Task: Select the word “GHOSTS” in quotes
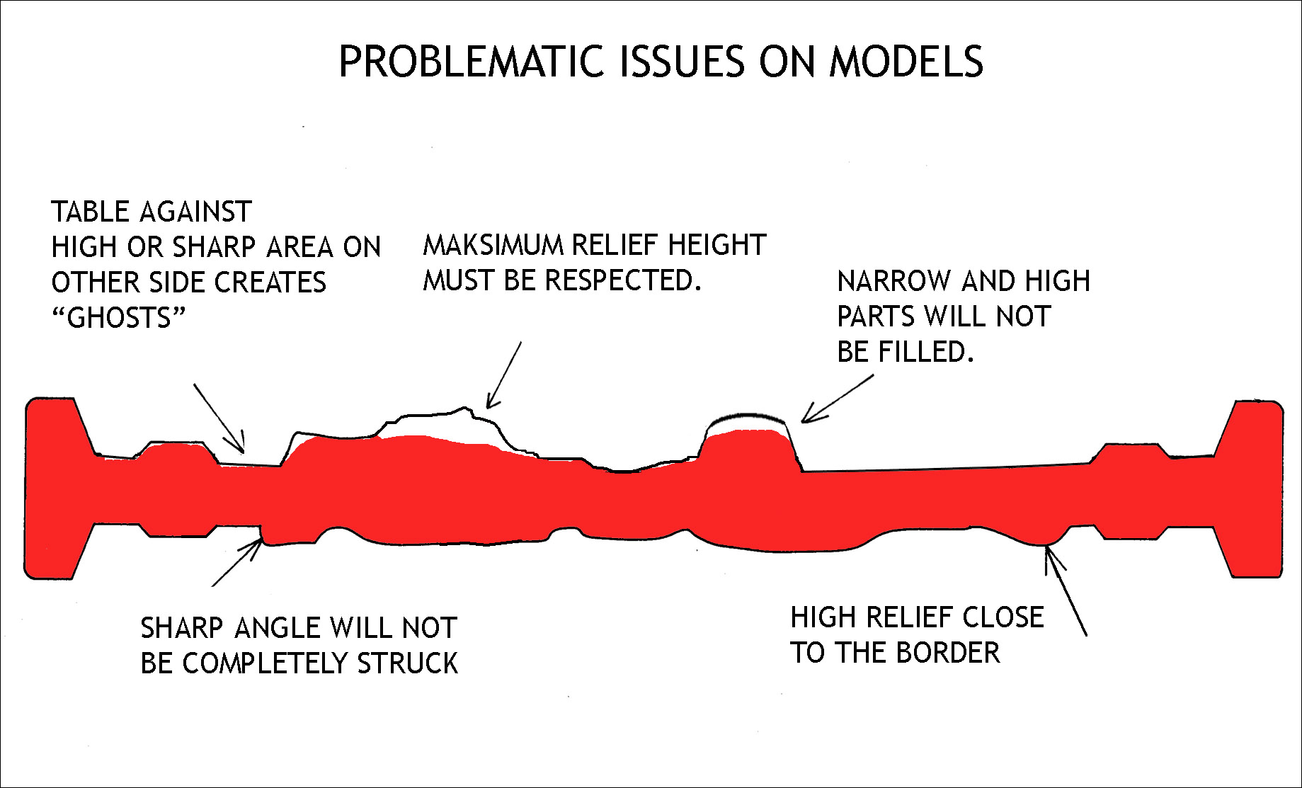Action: [x=118, y=317]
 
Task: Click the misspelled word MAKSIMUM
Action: [x=493, y=245]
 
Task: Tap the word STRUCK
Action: [x=407, y=663]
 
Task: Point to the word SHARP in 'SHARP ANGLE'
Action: [x=183, y=628]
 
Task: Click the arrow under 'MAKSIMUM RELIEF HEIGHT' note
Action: [x=503, y=375]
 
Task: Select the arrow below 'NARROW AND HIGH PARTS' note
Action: [x=838, y=399]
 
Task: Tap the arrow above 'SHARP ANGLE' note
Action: [x=238, y=562]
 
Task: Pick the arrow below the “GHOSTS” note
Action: [x=219, y=418]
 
